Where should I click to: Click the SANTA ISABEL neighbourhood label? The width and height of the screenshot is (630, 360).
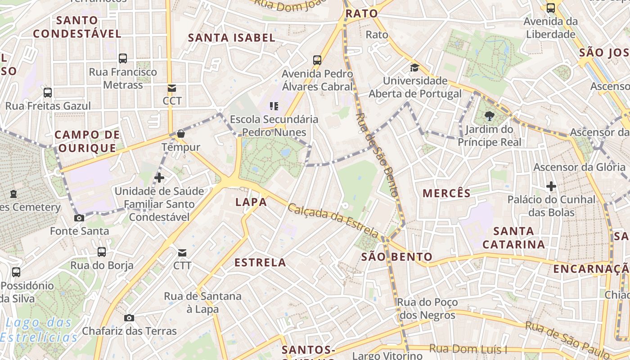[231, 38]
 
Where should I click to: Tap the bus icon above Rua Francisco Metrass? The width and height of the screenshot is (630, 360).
[123, 58]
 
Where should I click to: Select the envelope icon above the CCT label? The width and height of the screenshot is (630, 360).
[171, 88]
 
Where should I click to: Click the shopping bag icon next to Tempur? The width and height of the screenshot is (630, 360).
[181, 134]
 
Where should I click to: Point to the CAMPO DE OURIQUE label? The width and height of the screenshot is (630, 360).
[87, 141]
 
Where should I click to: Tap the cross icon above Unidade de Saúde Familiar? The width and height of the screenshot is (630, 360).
[159, 178]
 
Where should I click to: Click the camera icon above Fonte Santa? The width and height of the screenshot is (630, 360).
[79, 218]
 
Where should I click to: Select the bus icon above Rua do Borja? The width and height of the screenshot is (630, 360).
[102, 252]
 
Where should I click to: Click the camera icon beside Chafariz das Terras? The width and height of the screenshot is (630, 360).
[129, 318]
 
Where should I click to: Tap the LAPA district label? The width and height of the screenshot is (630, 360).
[251, 202]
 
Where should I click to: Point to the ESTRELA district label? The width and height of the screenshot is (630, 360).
[260, 262]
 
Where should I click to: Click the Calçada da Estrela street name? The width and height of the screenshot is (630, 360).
[333, 220]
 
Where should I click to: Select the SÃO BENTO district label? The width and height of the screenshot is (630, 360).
[397, 257]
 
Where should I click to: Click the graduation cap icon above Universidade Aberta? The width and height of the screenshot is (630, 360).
[414, 68]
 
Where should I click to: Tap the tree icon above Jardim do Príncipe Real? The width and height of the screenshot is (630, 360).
[489, 117]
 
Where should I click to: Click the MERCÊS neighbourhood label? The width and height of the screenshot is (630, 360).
[446, 193]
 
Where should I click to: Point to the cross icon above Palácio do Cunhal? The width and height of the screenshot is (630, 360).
[551, 186]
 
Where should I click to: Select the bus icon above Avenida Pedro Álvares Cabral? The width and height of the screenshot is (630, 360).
[317, 60]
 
